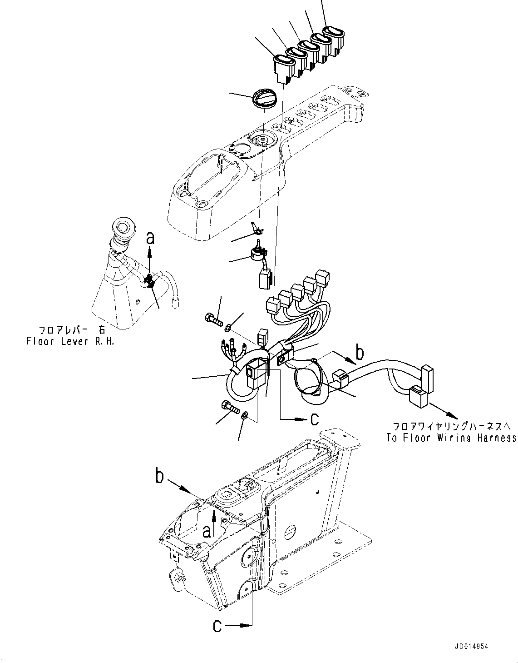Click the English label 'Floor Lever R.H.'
[70, 341]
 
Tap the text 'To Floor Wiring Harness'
[451, 438]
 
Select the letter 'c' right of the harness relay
[314, 419]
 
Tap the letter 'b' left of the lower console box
[159, 476]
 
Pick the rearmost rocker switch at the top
[334, 38]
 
